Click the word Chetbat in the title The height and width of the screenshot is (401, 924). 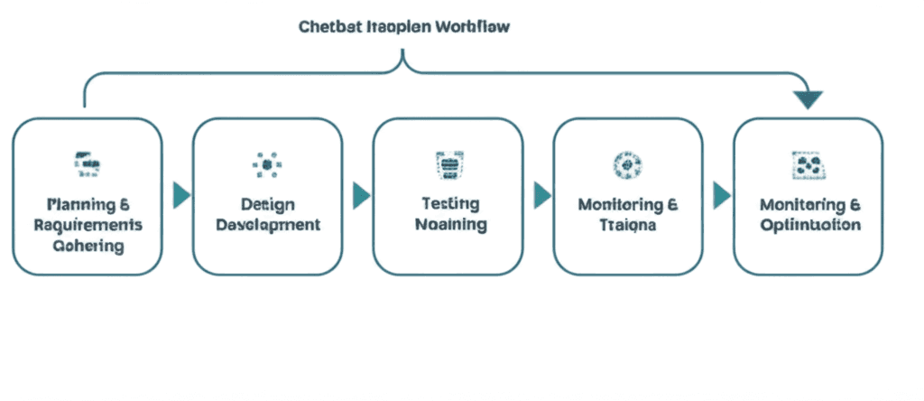click(327, 26)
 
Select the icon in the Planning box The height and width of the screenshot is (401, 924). click(87, 163)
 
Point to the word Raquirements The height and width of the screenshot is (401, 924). click(88, 224)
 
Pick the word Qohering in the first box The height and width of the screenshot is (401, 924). click(88, 245)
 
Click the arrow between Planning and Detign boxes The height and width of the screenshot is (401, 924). click(181, 195)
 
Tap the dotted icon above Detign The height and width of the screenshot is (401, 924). click(267, 163)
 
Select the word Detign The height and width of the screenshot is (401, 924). click(268, 204)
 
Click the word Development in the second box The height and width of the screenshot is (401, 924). click(268, 224)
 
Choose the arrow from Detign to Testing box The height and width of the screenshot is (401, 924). click(361, 195)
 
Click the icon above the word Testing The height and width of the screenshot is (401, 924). click(448, 163)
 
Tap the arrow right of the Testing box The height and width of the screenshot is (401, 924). click(541, 195)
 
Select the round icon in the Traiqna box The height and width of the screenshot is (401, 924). click(627, 163)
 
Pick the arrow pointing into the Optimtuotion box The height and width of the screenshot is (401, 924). click(722, 195)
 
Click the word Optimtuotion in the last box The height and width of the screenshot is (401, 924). click(809, 224)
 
